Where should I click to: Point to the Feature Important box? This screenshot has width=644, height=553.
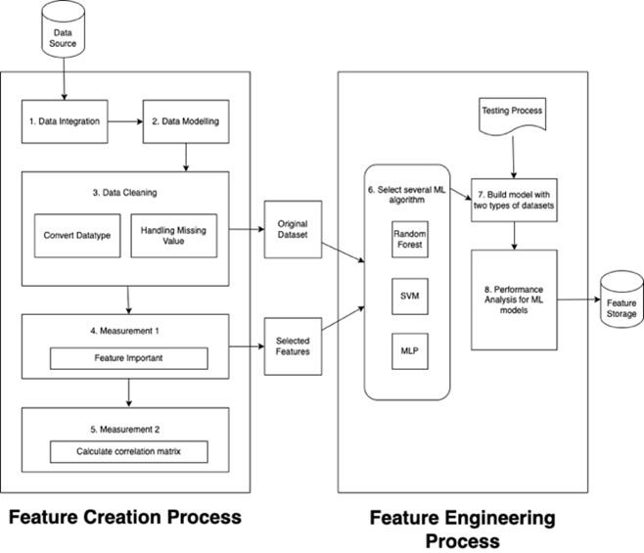pos(129,359)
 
